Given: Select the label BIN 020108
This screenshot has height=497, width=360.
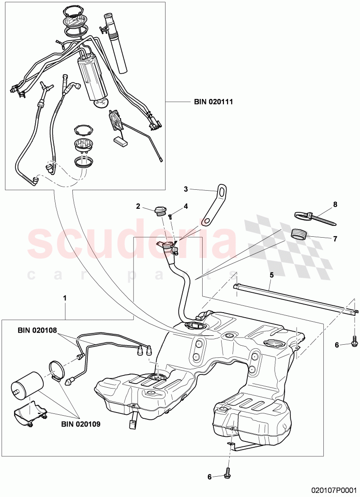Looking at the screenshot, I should pos(38,330).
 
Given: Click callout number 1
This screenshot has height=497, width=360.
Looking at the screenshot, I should pos(66,298).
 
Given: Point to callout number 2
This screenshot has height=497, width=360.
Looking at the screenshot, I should pos(138,206).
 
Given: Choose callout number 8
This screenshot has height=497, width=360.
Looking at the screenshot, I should pos(335,204).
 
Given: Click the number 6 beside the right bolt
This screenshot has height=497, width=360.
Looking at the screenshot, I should pos(336,345).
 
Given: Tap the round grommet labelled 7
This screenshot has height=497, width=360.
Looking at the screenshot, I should pos(298,234).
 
